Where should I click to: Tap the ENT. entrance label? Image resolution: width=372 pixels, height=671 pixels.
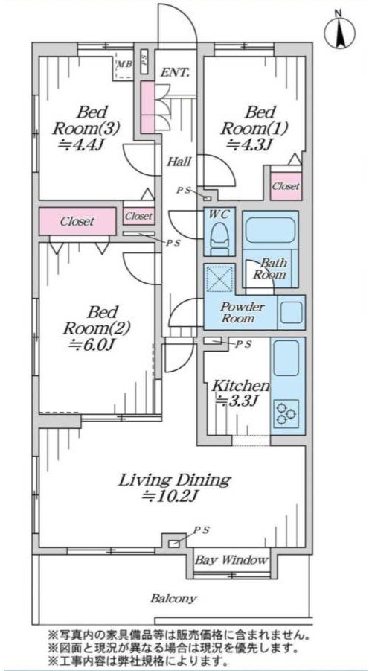[175, 73]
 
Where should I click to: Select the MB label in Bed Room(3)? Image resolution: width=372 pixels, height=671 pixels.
[125, 64]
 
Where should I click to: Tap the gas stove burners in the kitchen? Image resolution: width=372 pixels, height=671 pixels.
[286, 413]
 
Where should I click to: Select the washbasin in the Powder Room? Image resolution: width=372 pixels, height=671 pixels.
[292, 312]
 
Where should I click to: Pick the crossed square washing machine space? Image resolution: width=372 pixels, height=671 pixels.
[219, 279]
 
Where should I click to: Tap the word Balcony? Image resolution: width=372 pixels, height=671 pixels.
[173, 598]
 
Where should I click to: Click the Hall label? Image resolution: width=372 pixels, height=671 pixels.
[179, 162]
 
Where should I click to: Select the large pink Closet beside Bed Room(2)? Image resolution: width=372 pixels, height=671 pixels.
[77, 221]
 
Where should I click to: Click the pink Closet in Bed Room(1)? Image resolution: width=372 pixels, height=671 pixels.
[286, 186]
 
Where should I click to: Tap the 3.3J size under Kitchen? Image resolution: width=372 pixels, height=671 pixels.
[237, 402]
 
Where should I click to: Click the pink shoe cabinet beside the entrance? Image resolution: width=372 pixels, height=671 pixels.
[148, 107]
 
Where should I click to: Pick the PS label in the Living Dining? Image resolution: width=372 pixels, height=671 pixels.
[202, 530]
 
